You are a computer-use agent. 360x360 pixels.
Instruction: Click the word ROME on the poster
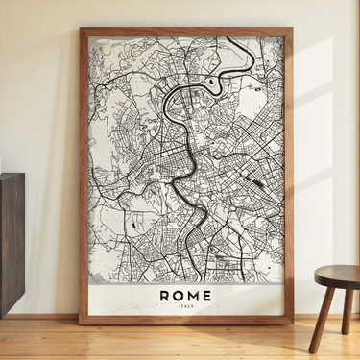pos(185,295)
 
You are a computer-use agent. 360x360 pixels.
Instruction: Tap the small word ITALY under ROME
pos(186,307)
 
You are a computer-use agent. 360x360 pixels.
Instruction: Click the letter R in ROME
pos(165,295)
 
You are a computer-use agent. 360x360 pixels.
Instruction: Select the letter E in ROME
pos(206,295)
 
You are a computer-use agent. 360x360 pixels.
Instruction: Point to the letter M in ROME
pos(193,295)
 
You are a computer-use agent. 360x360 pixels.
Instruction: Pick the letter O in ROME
pos(179,295)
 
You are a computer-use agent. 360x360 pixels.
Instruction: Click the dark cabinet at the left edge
pos(11,240)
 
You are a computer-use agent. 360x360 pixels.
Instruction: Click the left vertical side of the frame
pos(84,173)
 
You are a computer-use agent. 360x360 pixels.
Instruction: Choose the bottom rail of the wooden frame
pos(186,320)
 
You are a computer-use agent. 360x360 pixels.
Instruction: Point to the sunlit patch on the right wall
pos(317,144)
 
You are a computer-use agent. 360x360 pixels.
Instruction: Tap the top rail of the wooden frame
pos(186,31)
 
